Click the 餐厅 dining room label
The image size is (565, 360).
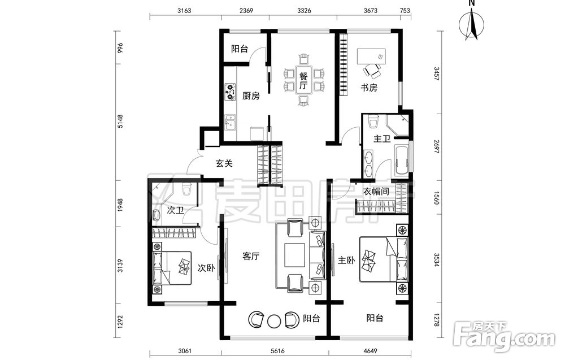point(303,81)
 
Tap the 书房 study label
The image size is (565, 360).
point(369,88)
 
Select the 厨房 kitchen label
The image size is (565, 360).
point(251,96)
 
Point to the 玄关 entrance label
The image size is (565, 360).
point(224,163)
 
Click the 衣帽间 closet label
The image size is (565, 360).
point(376,192)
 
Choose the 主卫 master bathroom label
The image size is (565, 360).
point(382,138)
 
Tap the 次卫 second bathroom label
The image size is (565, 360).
point(176,210)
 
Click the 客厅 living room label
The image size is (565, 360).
point(251,256)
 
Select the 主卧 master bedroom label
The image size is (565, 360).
point(346,260)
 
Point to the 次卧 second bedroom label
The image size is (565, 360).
point(206,268)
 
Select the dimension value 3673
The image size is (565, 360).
point(371,10)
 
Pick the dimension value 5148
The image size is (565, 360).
point(120,121)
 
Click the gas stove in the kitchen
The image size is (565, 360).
point(230,92)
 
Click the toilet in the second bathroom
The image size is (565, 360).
point(186,189)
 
